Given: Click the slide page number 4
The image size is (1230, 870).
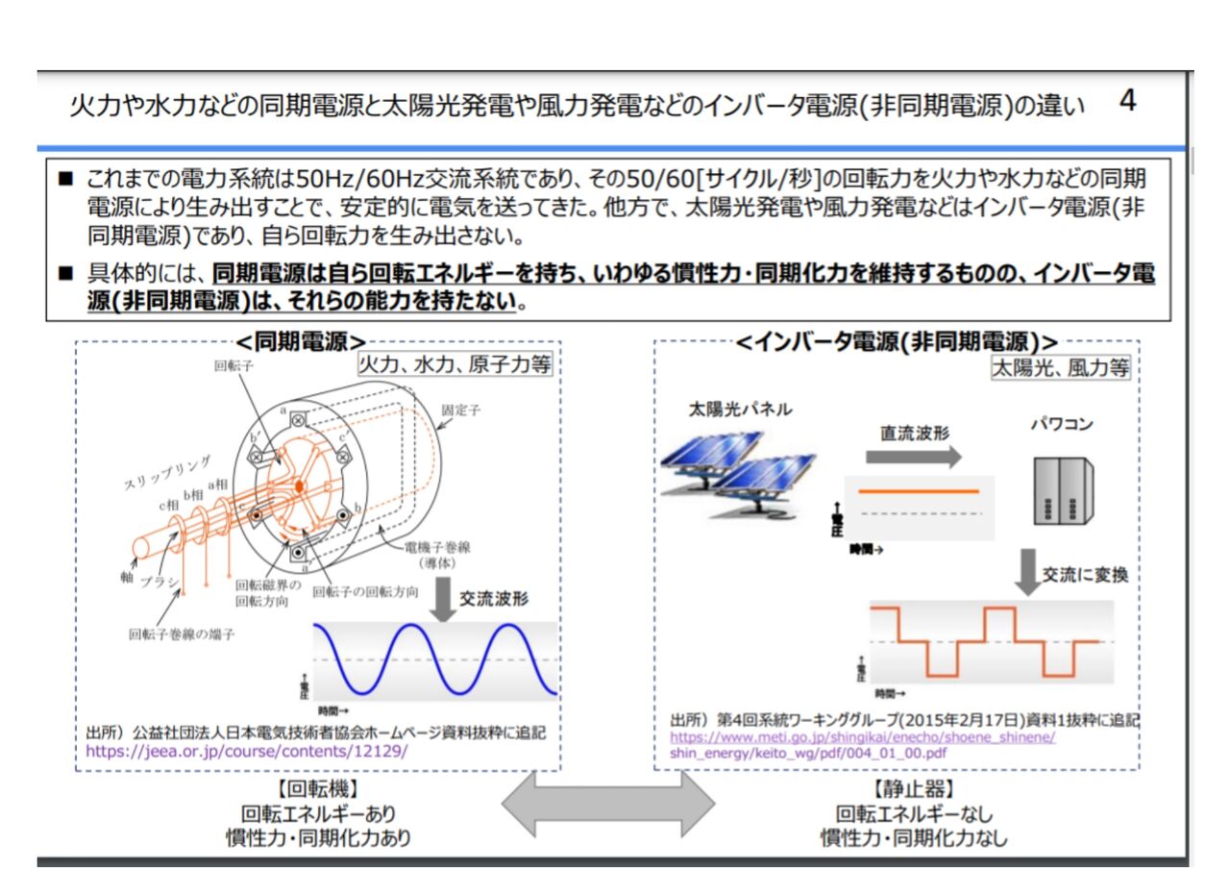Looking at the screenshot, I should (x=1128, y=101).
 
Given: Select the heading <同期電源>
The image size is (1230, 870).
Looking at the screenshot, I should (x=302, y=342).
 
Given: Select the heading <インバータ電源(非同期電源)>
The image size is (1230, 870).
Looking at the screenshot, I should (x=897, y=342).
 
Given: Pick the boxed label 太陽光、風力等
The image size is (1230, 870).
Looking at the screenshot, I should (x=1061, y=367).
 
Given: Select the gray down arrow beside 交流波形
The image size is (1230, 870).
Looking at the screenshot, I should (x=443, y=599).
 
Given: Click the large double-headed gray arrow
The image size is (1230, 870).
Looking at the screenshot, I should (x=609, y=803).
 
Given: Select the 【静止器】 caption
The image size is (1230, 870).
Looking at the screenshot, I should (x=913, y=789).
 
